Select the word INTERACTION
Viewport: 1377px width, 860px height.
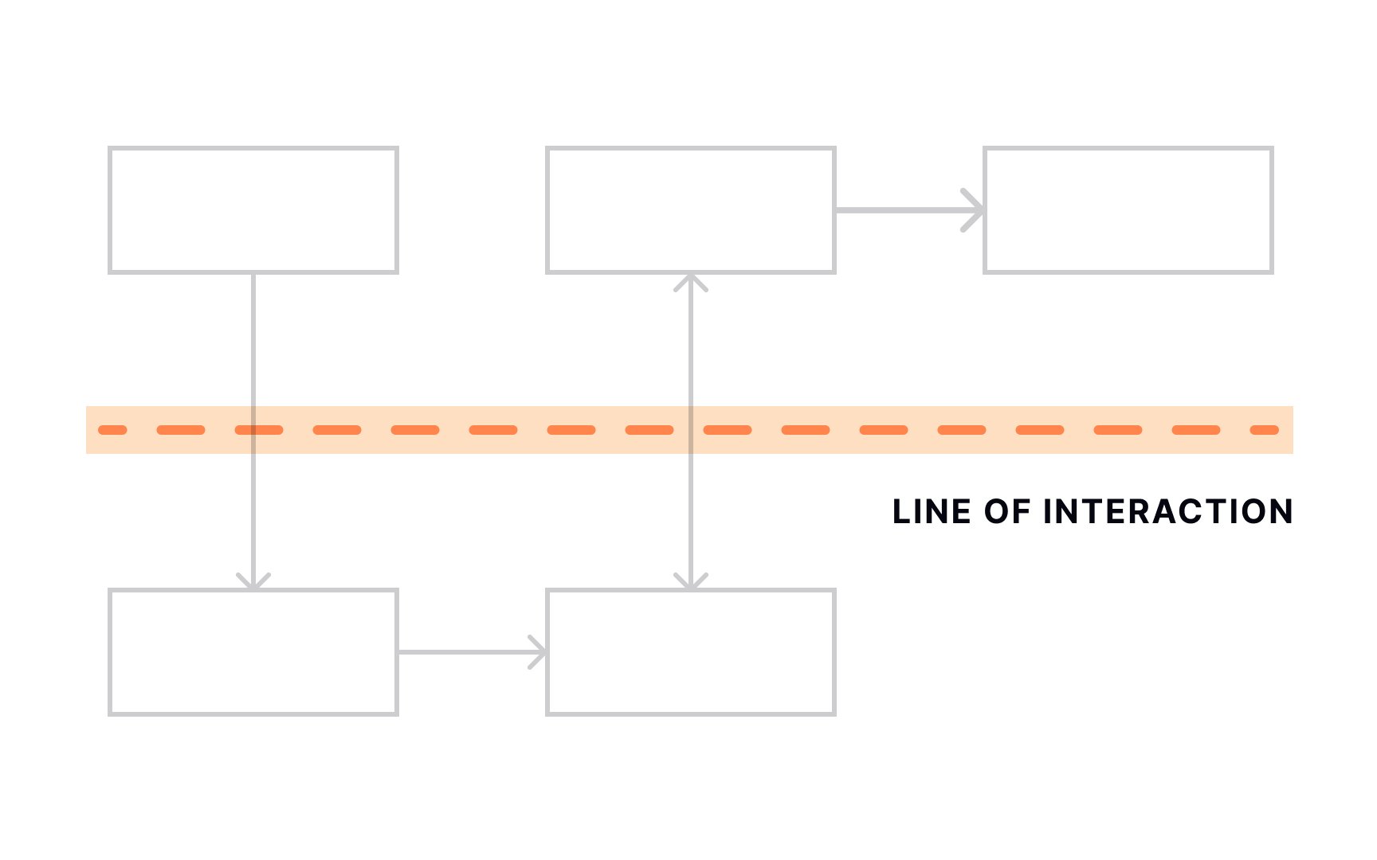pos(1168,512)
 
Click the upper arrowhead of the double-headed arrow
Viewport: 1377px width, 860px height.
pos(691,282)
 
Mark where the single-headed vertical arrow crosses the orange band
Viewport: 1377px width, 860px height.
pos(253,430)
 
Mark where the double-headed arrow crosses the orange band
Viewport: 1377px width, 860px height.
pos(691,430)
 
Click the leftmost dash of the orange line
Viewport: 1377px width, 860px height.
pos(112,430)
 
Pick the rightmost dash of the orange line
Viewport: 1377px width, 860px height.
pos(1265,430)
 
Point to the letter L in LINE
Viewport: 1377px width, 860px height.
pos(901,512)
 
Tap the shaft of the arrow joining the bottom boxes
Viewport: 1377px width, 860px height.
pos(470,652)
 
